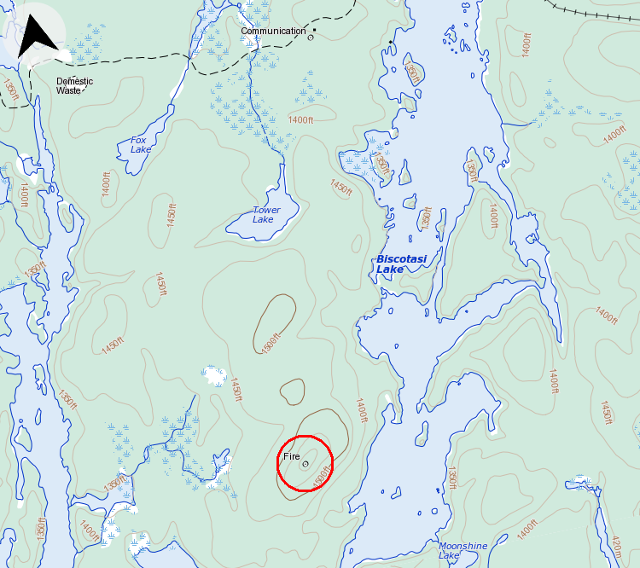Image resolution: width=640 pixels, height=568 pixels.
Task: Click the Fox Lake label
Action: (x=141, y=145)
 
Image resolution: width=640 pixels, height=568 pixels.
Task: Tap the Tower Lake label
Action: (x=265, y=215)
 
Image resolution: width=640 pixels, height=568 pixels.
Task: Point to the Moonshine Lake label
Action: (x=463, y=550)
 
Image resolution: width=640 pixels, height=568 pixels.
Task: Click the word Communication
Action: (x=273, y=32)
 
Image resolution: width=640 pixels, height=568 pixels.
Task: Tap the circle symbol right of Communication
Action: (x=311, y=37)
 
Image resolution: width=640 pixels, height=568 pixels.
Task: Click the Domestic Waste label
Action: (x=74, y=85)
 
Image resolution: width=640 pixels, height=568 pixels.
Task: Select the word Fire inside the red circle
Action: (x=292, y=457)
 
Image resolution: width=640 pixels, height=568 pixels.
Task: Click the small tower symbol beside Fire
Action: (x=305, y=464)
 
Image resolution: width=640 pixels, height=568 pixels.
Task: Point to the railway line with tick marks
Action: (x=597, y=14)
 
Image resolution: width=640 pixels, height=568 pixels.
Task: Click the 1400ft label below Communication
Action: (x=300, y=120)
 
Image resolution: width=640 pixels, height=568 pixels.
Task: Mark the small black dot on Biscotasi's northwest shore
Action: (x=391, y=42)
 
